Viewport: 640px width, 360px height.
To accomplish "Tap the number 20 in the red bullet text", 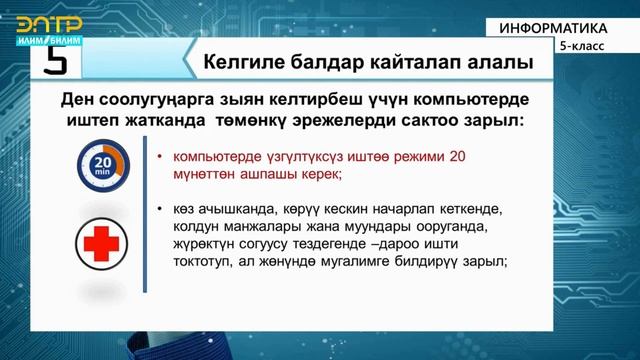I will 457,157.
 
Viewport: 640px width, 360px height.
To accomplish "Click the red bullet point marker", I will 161,158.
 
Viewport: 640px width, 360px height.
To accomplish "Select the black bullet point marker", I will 161,209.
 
